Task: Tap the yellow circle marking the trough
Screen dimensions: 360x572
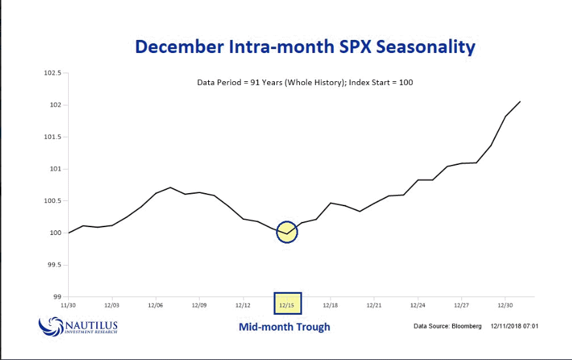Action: (287, 232)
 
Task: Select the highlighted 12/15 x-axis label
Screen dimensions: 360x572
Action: (287, 305)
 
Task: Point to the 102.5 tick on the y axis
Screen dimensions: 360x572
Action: (52, 73)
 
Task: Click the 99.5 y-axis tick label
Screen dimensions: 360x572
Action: (54, 265)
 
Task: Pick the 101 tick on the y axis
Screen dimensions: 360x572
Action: (56, 169)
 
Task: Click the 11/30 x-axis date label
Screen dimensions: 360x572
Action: (69, 305)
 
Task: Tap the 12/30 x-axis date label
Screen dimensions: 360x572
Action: (505, 305)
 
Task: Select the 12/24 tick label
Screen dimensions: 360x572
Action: (418, 305)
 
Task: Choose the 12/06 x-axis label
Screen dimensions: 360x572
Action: (156, 305)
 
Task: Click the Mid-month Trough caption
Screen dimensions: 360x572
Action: (284, 327)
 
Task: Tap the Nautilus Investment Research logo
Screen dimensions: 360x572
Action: (79, 325)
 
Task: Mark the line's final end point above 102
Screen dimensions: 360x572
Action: (520, 101)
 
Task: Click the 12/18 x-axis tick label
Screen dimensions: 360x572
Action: (331, 305)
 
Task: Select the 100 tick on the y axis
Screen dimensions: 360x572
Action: (56, 233)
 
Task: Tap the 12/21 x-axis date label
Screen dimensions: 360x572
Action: (374, 305)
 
